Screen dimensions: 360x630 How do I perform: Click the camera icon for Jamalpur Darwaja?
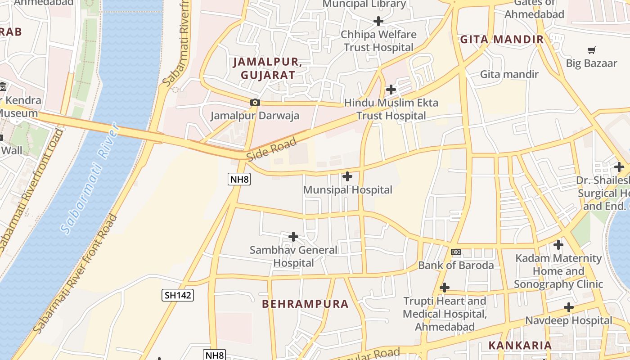[x=255, y=103]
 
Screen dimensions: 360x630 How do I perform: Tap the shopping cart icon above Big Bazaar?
[x=592, y=50]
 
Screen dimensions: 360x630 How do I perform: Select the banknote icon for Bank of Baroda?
[x=456, y=252]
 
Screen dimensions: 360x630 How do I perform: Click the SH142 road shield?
[x=178, y=295]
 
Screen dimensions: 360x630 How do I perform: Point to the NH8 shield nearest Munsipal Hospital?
[x=239, y=180]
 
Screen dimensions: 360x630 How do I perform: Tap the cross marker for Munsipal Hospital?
[x=347, y=176]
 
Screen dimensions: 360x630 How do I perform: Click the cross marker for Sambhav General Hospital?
[x=293, y=237]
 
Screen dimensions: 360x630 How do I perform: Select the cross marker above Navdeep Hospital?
[x=569, y=308]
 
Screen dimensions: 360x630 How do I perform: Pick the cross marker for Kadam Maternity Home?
[x=558, y=245]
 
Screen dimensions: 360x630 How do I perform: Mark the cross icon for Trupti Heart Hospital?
[x=445, y=288]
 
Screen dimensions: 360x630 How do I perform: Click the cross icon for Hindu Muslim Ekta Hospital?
[x=391, y=90]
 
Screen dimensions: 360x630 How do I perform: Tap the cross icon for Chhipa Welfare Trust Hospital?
[x=378, y=21]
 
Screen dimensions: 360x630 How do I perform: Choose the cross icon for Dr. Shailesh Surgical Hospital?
[x=619, y=167]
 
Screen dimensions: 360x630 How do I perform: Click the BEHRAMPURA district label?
[x=305, y=304]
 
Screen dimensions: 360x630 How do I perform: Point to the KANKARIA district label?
[x=520, y=346]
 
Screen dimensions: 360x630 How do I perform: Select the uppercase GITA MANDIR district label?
[x=502, y=40]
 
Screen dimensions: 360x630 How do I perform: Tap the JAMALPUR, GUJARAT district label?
[x=267, y=68]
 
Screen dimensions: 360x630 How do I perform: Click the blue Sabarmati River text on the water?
[x=90, y=178]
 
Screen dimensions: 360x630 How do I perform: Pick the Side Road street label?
[x=272, y=149]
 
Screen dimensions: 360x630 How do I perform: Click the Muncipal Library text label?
[x=364, y=4]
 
